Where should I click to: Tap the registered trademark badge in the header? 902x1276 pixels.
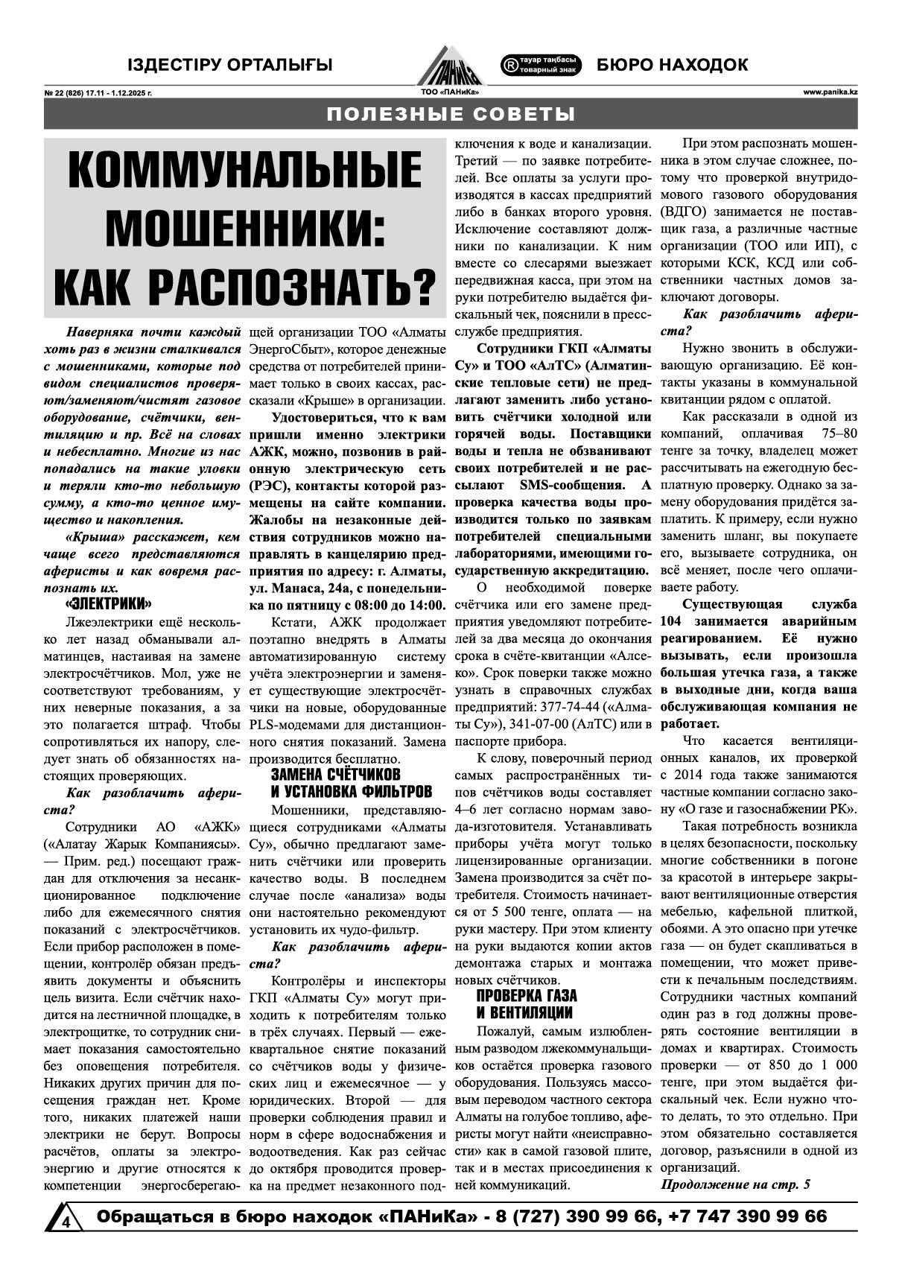[x=541, y=65]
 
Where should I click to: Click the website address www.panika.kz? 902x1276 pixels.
[x=830, y=92]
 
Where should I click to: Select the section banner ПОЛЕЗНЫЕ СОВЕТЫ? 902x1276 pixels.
[x=451, y=115]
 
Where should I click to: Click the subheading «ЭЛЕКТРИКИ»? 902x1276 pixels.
[x=109, y=604]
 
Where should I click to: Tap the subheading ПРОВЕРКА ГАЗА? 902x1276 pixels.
[x=527, y=996]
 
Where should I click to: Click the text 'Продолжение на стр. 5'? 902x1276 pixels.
[x=735, y=1184]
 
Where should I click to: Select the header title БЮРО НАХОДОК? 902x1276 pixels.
[x=672, y=65]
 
